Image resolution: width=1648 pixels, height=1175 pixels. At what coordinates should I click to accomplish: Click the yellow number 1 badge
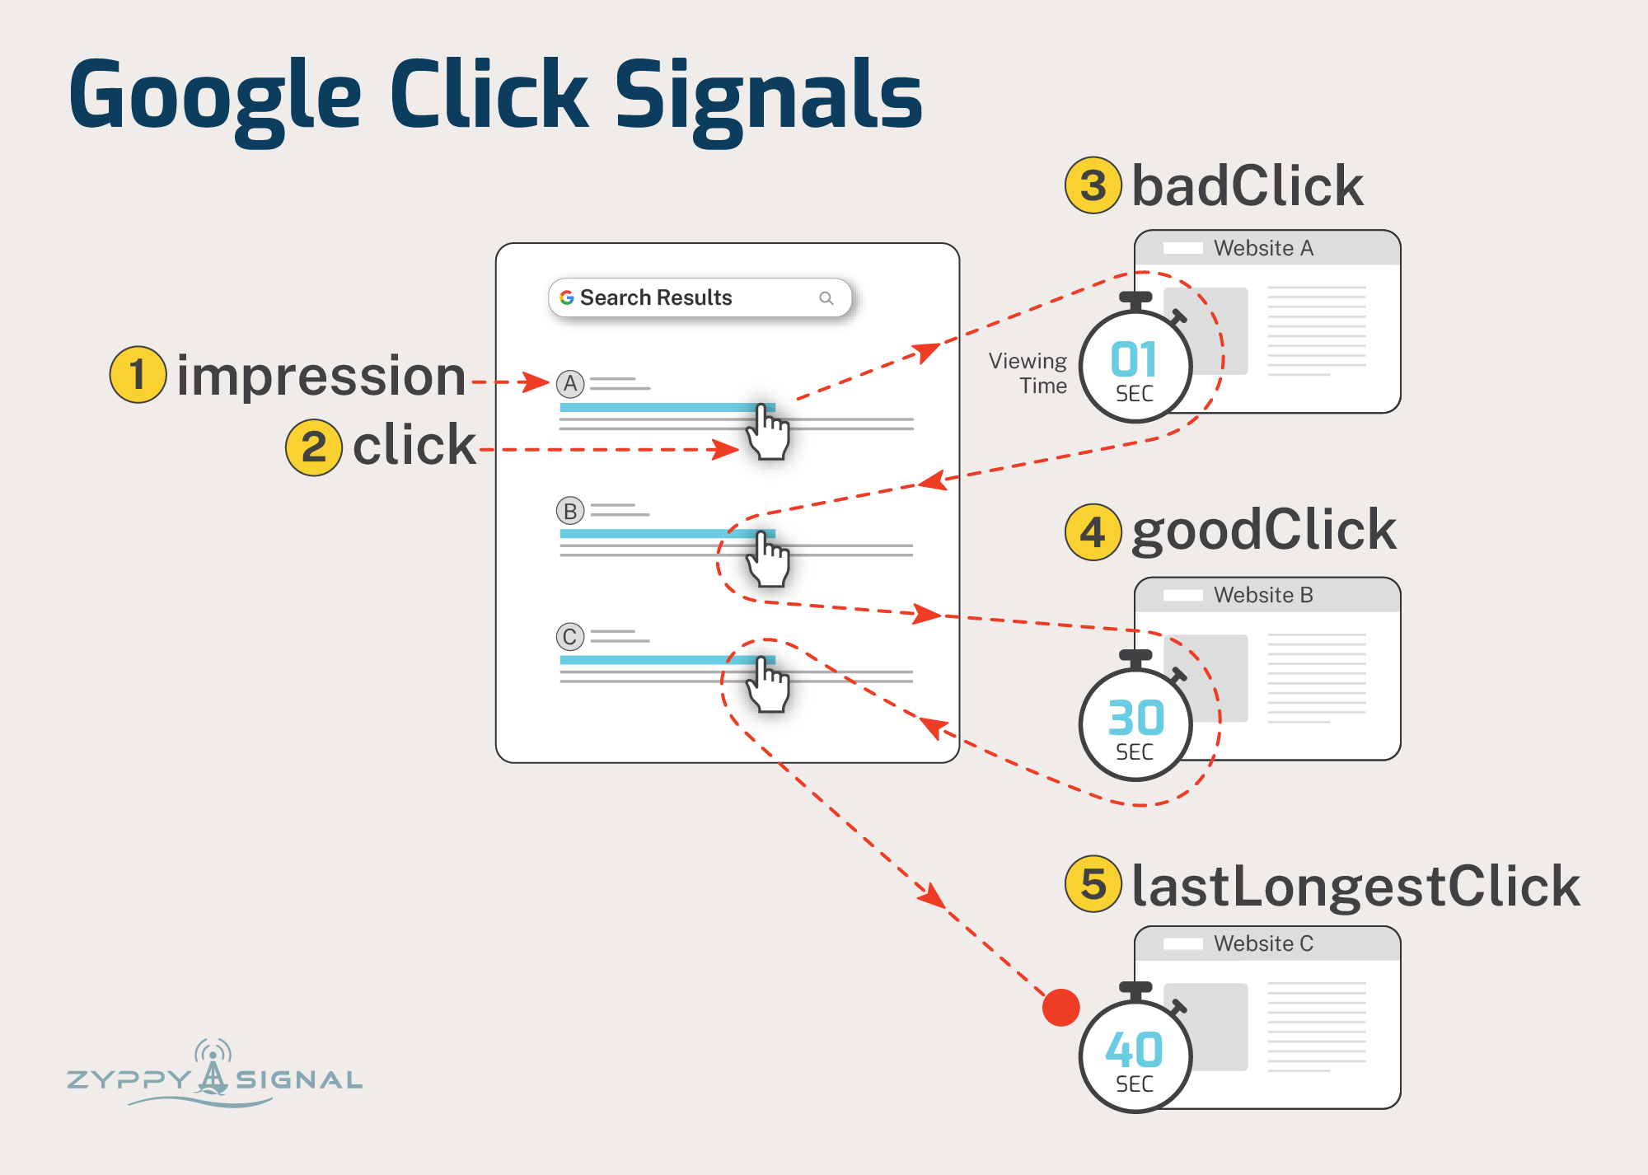click(x=138, y=375)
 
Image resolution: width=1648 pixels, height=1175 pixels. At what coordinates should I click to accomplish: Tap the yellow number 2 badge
click(x=313, y=447)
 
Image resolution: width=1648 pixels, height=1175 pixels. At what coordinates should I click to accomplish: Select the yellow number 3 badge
click(x=1093, y=185)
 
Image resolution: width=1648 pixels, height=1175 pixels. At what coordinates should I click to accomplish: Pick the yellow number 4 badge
click(x=1093, y=532)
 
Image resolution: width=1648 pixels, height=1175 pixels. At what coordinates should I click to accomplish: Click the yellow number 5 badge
click(x=1093, y=884)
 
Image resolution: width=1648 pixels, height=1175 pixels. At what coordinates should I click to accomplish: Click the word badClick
click(x=1247, y=185)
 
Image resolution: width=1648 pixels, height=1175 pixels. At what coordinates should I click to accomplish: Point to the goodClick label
click(x=1263, y=531)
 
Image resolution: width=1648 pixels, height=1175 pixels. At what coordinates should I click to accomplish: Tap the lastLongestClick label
click(x=1355, y=886)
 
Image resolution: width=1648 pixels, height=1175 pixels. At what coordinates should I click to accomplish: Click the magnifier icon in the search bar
click(x=826, y=298)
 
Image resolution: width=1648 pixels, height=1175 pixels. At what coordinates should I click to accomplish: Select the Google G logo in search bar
click(x=567, y=297)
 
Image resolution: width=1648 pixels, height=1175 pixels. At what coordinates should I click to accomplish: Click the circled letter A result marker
click(x=570, y=383)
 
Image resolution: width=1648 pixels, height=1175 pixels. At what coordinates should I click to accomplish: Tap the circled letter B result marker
click(x=570, y=511)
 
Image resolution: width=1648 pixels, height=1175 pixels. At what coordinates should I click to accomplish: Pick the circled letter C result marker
click(x=570, y=637)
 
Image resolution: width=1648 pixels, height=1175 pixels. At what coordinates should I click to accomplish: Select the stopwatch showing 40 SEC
click(x=1135, y=1055)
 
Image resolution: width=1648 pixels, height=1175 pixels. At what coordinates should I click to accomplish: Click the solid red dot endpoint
click(x=1060, y=1008)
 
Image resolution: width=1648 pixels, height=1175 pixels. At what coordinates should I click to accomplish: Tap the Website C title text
click(x=1263, y=943)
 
